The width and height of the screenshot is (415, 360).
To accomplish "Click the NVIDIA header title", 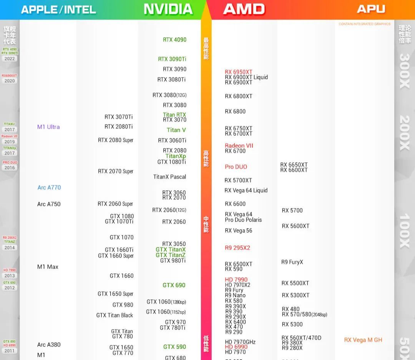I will tap(168, 9).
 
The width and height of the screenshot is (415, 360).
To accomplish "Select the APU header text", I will tap(371, 9).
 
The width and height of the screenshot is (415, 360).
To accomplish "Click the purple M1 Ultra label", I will tap(48, 127).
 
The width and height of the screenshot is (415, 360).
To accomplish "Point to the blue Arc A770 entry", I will tap(49, 188).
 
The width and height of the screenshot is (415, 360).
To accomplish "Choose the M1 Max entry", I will tap(48, 267).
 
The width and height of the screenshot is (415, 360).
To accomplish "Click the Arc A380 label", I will tap(49, 345).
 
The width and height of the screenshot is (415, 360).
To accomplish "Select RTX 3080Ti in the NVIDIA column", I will tap(171, 80).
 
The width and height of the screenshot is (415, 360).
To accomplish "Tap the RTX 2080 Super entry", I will tap(116, 140).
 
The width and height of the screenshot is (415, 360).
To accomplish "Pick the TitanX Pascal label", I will tap(169, 177).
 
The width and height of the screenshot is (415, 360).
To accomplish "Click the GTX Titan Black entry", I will tap(115, 315).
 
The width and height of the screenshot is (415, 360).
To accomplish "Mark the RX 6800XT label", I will tap(239, 96).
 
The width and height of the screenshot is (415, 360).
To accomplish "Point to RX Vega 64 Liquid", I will tap(246, 190).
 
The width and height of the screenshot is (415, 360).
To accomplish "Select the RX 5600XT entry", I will tap(295, 226).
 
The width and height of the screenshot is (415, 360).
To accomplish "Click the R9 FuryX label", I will tap(292, 262).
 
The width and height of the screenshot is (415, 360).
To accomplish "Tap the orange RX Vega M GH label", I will tap(363, 340).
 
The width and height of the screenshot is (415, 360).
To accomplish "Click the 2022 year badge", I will tap(10, 59).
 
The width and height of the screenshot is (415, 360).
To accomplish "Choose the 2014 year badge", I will tap(10, 248).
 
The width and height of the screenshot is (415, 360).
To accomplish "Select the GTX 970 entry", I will tap(175, 322).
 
